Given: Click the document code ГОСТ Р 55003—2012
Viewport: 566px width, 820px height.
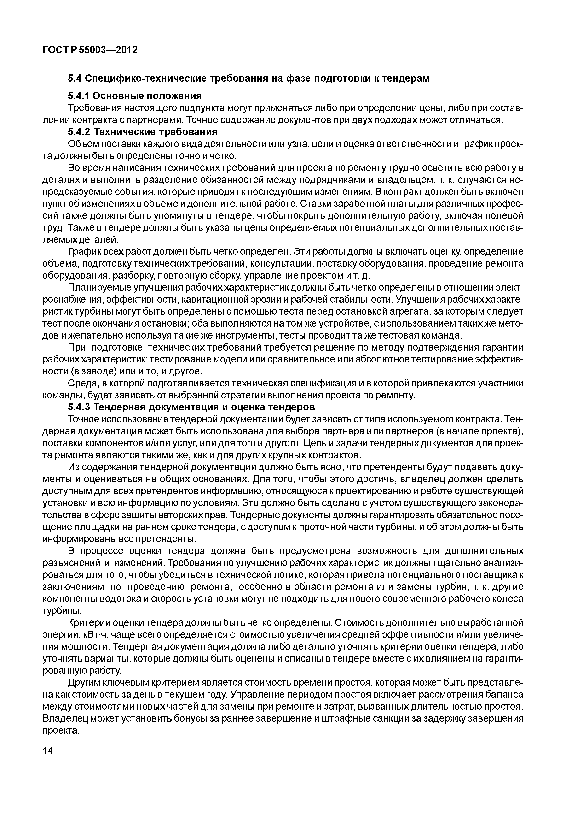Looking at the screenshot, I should click(x=90, y=50).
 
